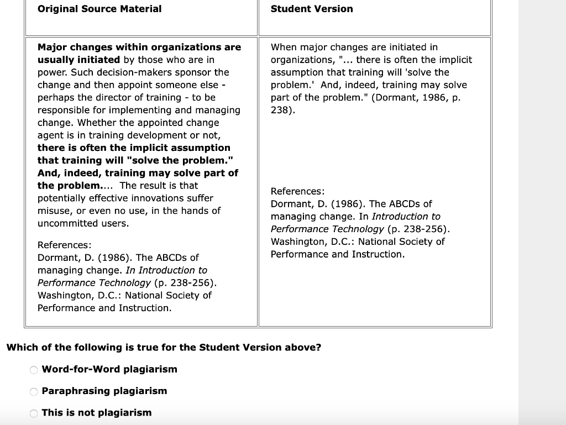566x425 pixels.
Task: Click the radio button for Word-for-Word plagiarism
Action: [x=34, y=370]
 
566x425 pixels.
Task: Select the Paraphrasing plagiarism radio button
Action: [x=34, y=392]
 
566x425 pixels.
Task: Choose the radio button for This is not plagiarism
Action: [x=34, y=413]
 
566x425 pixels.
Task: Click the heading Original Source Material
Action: [x=99, y=9]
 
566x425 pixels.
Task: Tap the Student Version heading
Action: [x=312, y=9]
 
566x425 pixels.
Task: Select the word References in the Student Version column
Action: [x=296, y=191]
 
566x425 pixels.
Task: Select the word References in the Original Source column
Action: [x=63, y=245]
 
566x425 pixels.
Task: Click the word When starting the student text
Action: [x=283, y=48]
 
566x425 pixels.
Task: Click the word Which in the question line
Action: [x=22, y=348]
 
